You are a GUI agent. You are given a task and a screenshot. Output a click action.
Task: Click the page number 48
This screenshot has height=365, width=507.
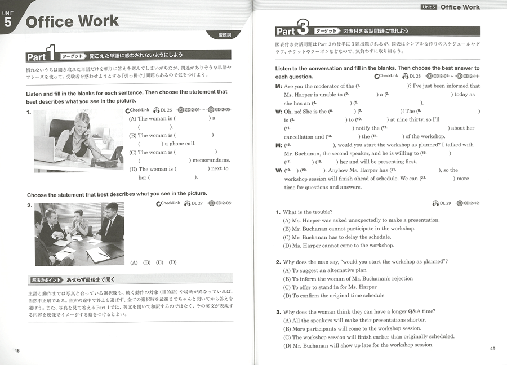pyautogui.click(x=17, y=350)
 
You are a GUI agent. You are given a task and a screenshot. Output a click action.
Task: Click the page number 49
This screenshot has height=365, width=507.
pyautogui.click(x=492, y=349)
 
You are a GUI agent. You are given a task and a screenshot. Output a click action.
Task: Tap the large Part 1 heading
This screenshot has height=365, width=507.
pyautogui.click(x=43, y=56)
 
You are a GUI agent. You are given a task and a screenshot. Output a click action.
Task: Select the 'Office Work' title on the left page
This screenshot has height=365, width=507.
pyautogui.click(x=72, y=21)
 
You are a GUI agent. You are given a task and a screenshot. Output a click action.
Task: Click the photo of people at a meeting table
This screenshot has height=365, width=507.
pyautogui.click(x=79, y=234)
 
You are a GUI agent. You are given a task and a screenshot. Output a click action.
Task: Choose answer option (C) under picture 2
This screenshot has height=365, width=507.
pyautogui.click(x=159, y=262)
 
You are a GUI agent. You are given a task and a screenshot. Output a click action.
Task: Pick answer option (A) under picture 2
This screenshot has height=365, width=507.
pyautogui.click(x=134, y=262)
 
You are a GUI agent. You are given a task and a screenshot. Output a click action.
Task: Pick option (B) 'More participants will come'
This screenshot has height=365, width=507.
pyautogui.click(x=352, y=328)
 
